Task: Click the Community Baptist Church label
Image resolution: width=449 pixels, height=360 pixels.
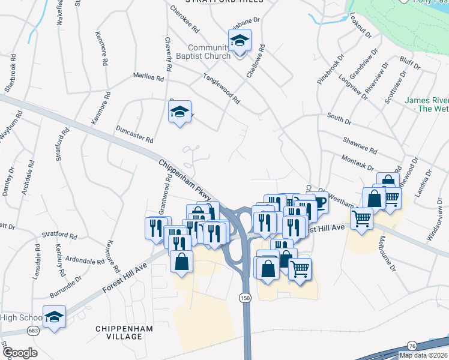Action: click(x=209, y=52)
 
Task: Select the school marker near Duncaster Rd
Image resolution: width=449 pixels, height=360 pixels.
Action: click(x=179, y=112)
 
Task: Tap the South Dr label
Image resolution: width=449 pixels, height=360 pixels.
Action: click(x=339, y=120)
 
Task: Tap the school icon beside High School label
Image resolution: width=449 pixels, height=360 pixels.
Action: click(x=55, y=317)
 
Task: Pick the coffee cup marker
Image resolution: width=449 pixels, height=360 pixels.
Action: click(x=318, y=203)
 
